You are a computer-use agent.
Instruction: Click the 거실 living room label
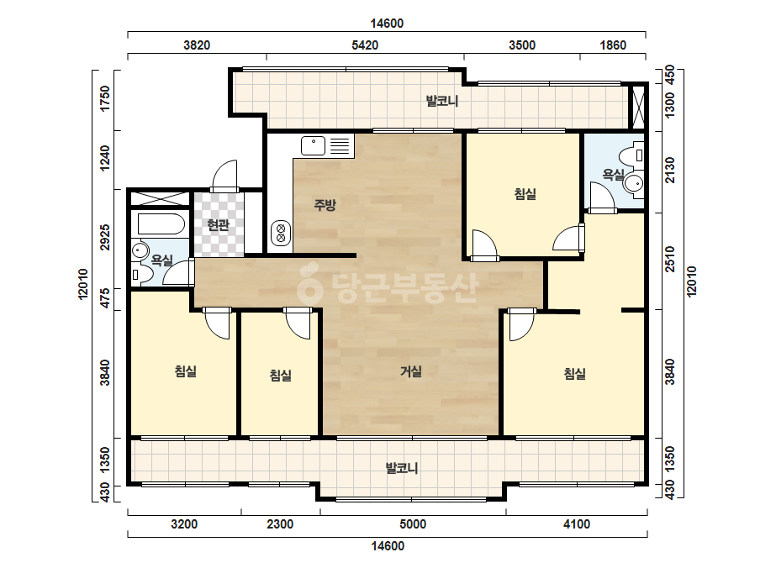[411, 371]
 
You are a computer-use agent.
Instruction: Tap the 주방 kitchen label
[325, 204]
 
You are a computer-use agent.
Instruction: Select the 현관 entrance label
[219, 225]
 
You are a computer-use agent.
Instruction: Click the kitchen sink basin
[314, 146]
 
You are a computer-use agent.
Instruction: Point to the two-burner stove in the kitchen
[281, 233]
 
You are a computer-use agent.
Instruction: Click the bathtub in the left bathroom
[161, 224]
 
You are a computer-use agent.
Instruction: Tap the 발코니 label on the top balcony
[442, 101]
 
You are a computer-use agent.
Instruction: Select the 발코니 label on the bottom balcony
[402, 467]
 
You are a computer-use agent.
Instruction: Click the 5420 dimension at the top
[365, 45]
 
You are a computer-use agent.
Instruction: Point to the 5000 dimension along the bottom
[413, 524]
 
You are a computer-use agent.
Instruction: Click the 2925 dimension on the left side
[105, 237]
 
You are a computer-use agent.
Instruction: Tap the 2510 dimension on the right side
[669, 259]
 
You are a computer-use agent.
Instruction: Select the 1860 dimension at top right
[613, 45]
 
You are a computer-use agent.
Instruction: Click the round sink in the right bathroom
[633, 183]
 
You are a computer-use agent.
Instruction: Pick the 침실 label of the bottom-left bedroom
[186, 371]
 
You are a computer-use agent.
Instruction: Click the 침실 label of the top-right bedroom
[525, 193]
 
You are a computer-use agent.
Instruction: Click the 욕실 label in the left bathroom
[161, 260]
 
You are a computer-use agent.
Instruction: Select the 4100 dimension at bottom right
[577, 524]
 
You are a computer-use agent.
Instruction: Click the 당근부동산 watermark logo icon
[309, 286]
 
